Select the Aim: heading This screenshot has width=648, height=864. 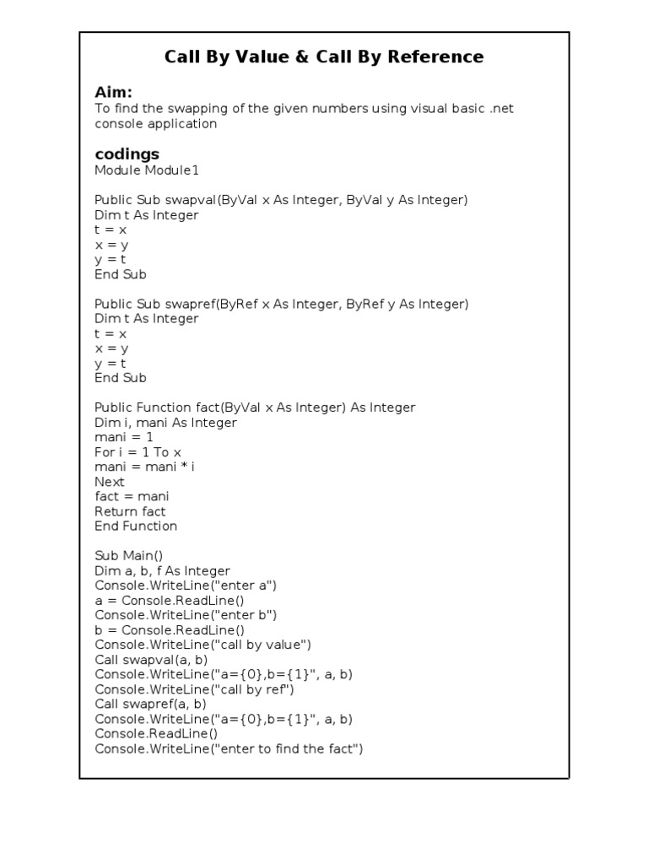click(114, 92)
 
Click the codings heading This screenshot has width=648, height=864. click(127, 154)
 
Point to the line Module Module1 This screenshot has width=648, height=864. click(147, 170)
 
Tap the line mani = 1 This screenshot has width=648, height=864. click(124, 437)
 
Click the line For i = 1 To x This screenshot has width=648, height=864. click(138, 452)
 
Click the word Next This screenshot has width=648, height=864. click(109, 482)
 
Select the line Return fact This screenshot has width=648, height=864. click(130, 511)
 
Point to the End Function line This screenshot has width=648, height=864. click(136, 526)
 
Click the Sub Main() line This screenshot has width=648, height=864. click(128, 556)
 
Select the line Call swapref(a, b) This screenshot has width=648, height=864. click(150, 704)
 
